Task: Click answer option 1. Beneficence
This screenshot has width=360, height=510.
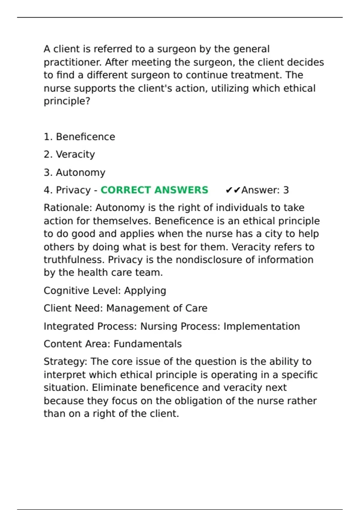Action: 79,137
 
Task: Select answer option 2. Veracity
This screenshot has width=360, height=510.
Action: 69,154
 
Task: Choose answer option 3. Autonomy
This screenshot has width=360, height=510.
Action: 75,172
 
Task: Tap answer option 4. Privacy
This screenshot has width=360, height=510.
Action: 67,190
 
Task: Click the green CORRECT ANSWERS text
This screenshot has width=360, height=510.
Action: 154,190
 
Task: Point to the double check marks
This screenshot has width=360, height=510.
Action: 233,190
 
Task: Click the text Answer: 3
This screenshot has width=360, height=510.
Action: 265,190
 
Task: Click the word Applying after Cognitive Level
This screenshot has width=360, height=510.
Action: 145,291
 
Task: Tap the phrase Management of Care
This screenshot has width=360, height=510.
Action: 157,308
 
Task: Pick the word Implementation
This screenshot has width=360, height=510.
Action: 262,326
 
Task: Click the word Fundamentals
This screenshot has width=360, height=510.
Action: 148,344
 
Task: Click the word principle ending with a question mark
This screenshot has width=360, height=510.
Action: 67,101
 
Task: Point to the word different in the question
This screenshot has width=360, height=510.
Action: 107,75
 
